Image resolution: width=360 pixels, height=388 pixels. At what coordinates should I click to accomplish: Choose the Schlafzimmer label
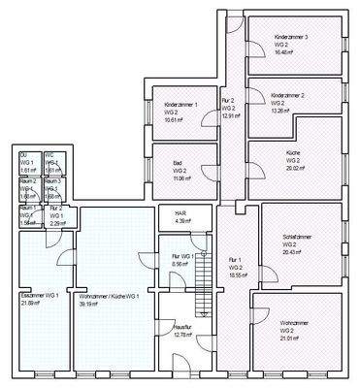coord(296,237)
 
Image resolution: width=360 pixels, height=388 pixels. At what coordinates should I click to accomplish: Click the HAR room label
coord(180,215)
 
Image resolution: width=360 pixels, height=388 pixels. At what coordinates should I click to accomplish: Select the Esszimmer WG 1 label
coord(40,294)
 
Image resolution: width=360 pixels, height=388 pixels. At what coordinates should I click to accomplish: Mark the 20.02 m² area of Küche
coord(295,168)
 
